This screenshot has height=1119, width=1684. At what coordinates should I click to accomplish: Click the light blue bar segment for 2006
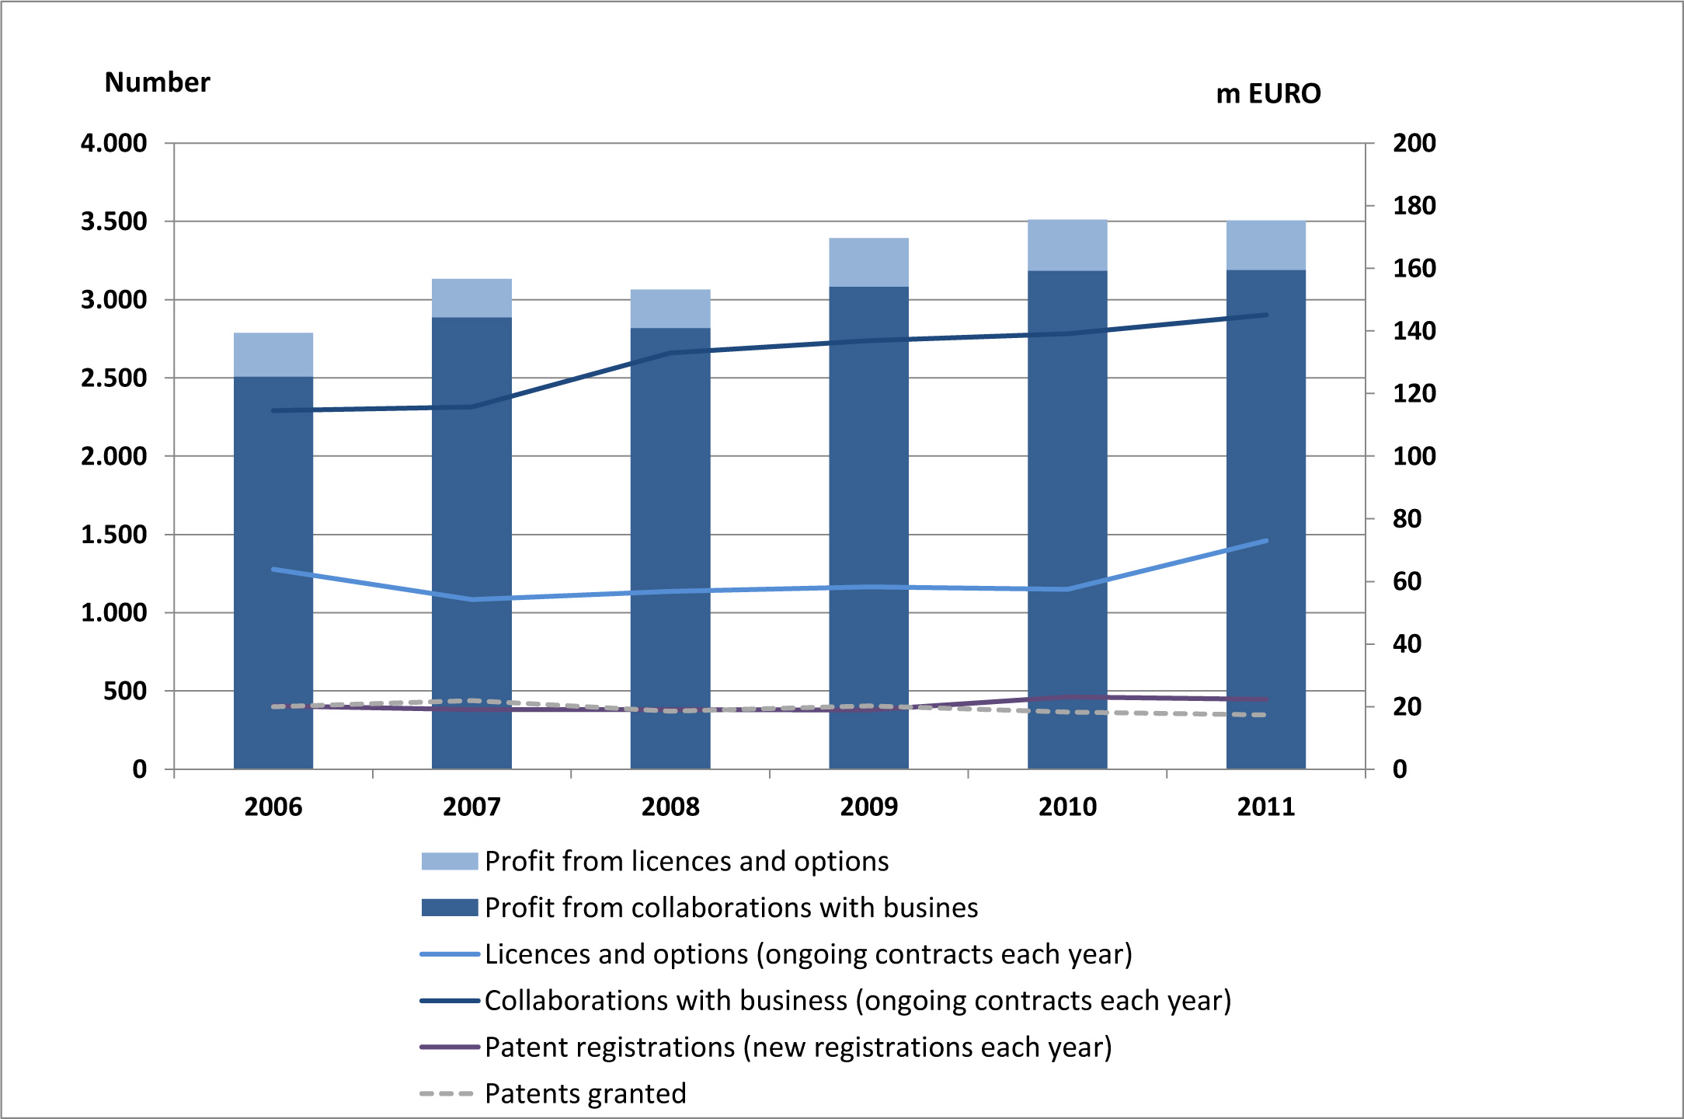pyautogui.click(x=273, y=354)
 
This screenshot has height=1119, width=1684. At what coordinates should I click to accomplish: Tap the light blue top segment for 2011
pyautogui.click(x=1265, y=246)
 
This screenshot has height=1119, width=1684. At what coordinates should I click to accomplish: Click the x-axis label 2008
pyautogui.click(x=670, y=807)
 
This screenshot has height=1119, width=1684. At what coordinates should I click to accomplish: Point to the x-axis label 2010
pyautogui.click(x=1067, y=807)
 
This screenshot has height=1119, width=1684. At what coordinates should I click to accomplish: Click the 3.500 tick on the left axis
pyautogui.click(x=114, y=221)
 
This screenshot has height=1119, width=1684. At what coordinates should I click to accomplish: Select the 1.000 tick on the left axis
pyautogui.click(x=114, y=612)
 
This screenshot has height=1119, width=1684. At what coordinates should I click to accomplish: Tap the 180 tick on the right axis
pyautogui.click(x=1414, y=206)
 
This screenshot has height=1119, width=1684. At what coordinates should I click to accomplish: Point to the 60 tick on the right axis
pyautogui.click(x=1407, y=581)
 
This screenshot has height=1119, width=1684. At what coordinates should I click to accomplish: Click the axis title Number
pyautogui.click(x=157, y=82)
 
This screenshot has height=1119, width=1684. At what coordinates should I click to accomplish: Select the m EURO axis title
pyautogui.click(x=1268, y=94)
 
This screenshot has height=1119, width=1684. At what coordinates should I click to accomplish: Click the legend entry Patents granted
pyautogui.click(x=585, y=1093)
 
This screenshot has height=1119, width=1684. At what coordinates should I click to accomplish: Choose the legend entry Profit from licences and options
pyautogui.click(x=686, y=861)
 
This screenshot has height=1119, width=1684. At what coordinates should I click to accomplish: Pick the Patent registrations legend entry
pyautogui.click(x=798, y=1047)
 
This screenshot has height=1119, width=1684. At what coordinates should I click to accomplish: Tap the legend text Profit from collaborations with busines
pyautogui.click(x=731, y=908)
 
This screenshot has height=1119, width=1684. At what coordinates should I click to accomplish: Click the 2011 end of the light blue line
pyautogui.click(x=1266, y=541)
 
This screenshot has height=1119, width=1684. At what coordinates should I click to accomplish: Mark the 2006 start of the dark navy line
pyautogui.click(x=273, y=410)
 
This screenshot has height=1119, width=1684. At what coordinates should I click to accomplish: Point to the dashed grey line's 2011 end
pyautogui.click(x=1265, y=715)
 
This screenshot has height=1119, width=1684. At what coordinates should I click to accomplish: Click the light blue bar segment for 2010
pyautogui.click(x=1067, y=246)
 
